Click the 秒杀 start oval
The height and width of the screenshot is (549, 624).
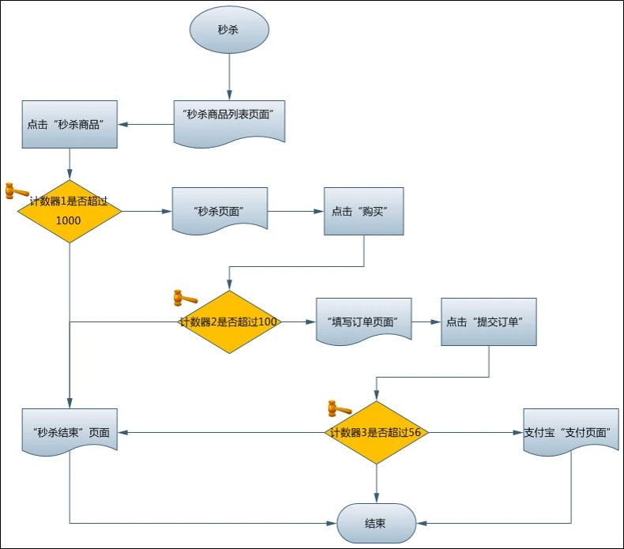click(229, 30)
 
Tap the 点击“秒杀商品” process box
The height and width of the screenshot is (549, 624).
click(70, 124)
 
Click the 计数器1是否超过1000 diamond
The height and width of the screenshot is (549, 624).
click(70, 212)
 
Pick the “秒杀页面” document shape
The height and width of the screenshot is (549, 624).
click(220, 211)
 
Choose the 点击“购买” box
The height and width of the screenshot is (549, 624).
click(363, 211)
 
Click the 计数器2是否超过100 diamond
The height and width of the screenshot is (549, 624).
click(229, 322)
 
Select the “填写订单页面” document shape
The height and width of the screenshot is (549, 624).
click(363, 321)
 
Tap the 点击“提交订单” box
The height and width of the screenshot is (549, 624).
click(489, 322)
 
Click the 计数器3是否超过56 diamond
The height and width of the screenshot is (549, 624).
click(377, 432)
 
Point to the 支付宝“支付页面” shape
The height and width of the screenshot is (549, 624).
click(571, 431)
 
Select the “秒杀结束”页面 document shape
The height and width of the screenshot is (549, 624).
click(70, 431)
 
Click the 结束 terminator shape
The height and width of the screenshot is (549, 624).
click(377, 523)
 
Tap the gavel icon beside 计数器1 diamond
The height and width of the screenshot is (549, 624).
click(17, 190)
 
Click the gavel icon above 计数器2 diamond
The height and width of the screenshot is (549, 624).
click(186, 298)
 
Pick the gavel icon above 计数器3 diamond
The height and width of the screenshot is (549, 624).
click(340, 408)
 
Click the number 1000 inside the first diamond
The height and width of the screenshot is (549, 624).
click(69, 220)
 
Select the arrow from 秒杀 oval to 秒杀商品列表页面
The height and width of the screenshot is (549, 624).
click(229, 77)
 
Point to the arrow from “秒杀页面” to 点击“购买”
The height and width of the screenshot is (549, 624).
click(295, 212)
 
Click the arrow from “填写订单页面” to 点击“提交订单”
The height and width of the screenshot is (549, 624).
click(427, 322)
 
